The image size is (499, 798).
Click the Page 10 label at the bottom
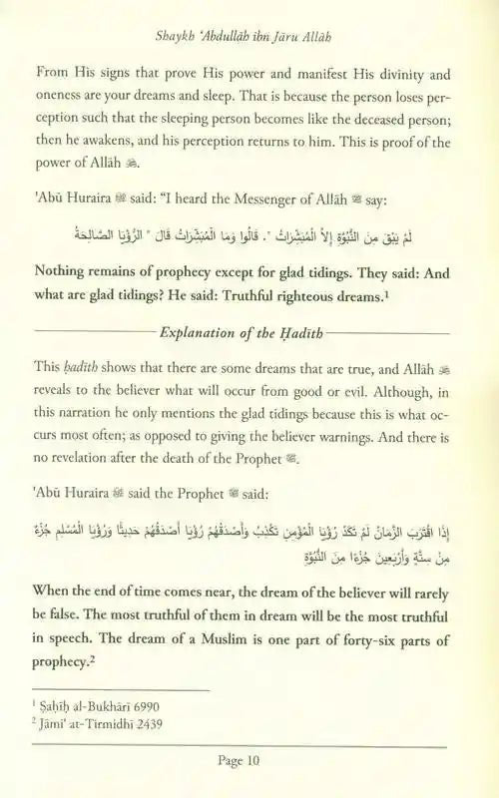tap(249, 759)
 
